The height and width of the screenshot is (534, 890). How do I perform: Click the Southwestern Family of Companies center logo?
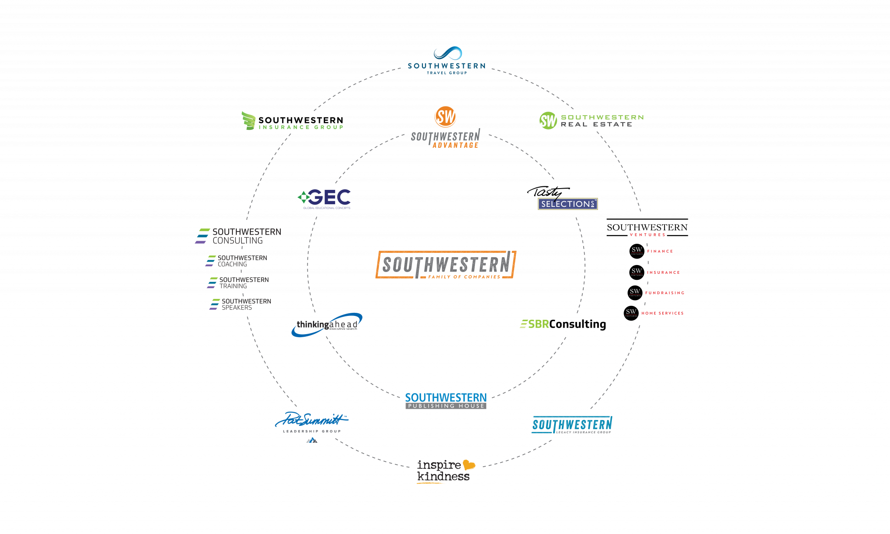(x=445, y=265)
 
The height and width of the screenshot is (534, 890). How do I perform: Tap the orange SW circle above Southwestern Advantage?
(x=445, y=117)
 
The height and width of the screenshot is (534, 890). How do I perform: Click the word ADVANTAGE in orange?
(x=455, y=146)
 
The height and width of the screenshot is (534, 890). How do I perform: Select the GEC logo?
(x=325, y=198)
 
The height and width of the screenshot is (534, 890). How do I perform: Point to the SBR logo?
(x=535, y=324)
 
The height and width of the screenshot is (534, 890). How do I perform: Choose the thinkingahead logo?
(x=327, y=325)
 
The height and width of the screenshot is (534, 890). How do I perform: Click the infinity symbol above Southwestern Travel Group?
(x=447, y=53)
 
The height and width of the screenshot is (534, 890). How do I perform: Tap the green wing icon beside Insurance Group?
(x=248, y=120)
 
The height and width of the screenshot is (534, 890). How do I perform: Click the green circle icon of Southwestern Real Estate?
(x=548, y=121)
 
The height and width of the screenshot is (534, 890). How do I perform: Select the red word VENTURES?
(x=647, y=235)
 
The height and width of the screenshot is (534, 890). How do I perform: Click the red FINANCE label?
(x=660, y=252)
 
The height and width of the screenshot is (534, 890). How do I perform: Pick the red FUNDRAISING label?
(x=664, y=293)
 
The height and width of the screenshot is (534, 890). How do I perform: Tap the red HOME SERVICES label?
(x=662, y=313)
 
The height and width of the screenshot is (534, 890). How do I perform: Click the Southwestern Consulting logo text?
(x=246, y=236)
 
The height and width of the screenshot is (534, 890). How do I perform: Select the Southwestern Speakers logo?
(x=241, y=304)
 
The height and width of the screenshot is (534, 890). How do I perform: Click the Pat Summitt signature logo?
(x=311, y=420)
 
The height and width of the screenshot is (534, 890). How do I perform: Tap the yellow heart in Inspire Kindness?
(x=468, y=465)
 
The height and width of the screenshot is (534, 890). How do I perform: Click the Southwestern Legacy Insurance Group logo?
(x=572, y=425)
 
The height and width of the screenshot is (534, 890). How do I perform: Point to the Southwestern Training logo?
(x=239, y=283)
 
